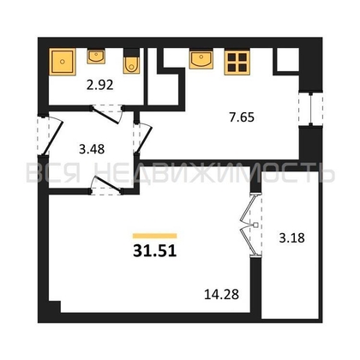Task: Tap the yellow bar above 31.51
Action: (155, 235)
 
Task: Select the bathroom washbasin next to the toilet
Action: (96, 59)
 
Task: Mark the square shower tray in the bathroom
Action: (63, 62)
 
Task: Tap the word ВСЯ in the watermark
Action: (55, 175)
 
